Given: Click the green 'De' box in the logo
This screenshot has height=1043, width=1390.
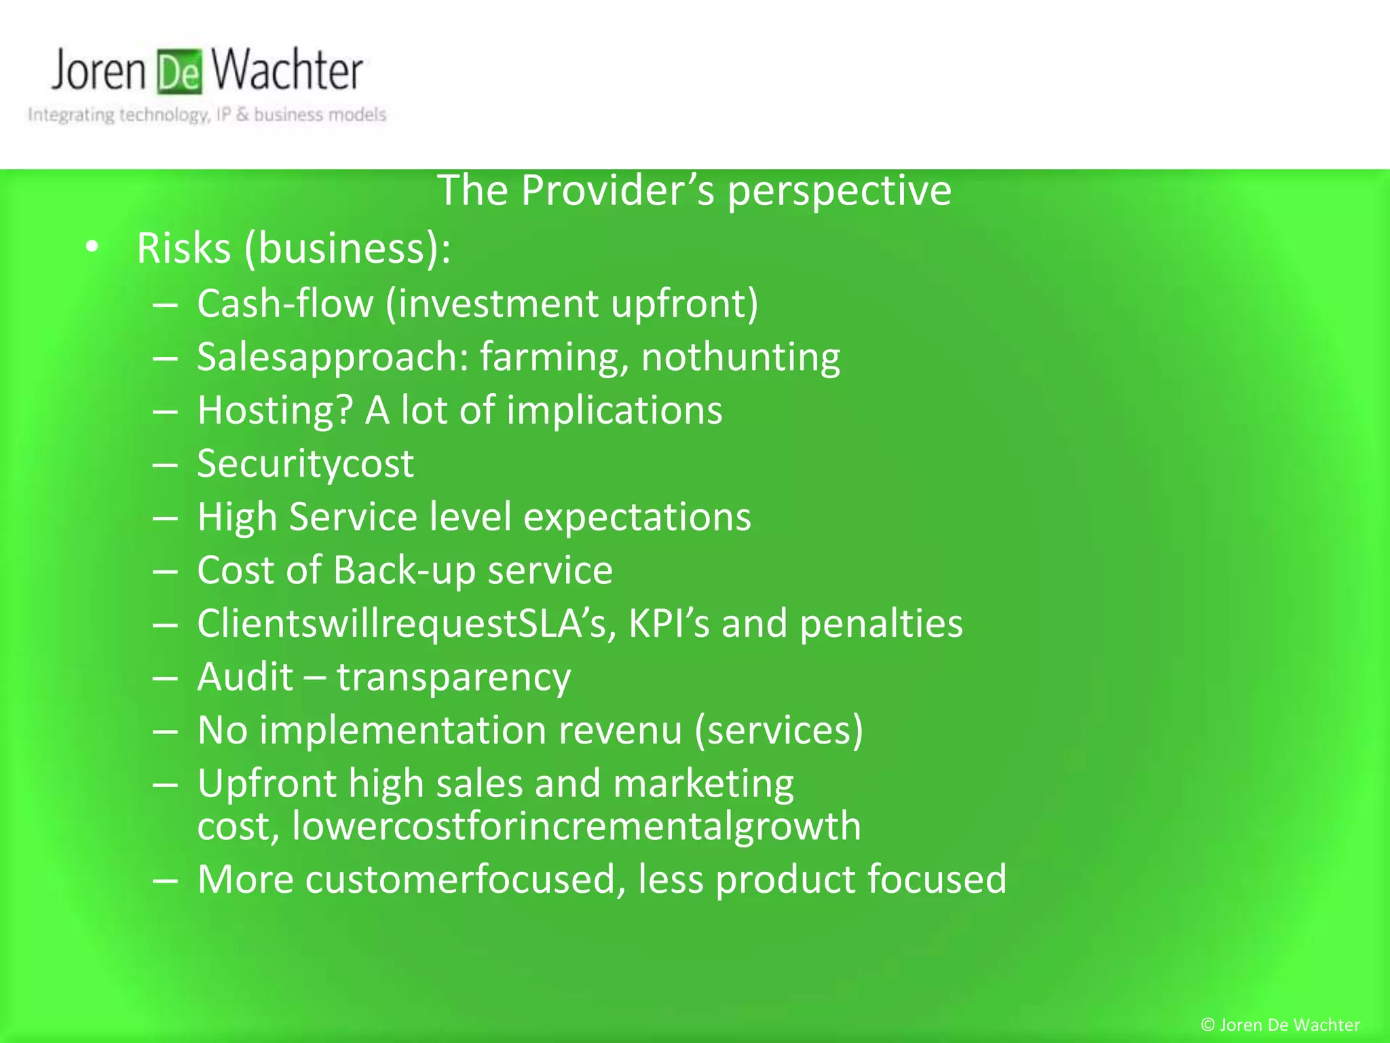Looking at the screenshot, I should (x=179, y=71).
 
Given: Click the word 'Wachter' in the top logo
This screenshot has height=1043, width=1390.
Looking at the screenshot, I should (x=286, y=71).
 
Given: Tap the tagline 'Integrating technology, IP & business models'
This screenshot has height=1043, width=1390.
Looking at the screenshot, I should (x=207, y=114).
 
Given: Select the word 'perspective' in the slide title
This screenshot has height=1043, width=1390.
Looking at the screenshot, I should (x=840, y=190).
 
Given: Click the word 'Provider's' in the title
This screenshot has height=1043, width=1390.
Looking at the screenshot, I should (x=618, y=190).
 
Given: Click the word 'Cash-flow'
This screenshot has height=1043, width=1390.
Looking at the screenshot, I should (x=285, y=303).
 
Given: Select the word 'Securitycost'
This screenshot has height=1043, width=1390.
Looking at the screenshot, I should (x=305, y=464).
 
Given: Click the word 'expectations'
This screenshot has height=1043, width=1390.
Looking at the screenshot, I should (x=637, y=517).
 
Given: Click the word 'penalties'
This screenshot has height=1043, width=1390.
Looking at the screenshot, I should (x=881, y=623).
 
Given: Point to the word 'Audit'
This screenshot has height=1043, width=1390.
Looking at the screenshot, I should (x=245, y=677).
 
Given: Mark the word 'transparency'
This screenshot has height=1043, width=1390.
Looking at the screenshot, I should (x=453, y=678).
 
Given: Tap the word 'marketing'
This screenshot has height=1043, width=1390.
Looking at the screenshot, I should (x=703, y=784).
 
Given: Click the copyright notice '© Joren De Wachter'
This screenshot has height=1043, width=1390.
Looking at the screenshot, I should (x=1280, y=1025).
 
